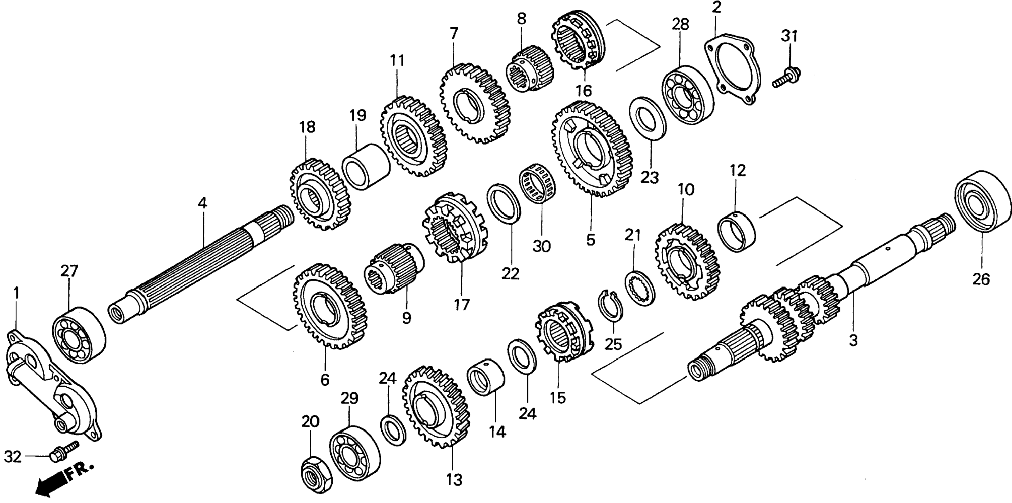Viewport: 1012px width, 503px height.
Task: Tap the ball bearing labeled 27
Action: pos(79,336)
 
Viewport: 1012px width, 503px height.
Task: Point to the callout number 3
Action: pos(853,340)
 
